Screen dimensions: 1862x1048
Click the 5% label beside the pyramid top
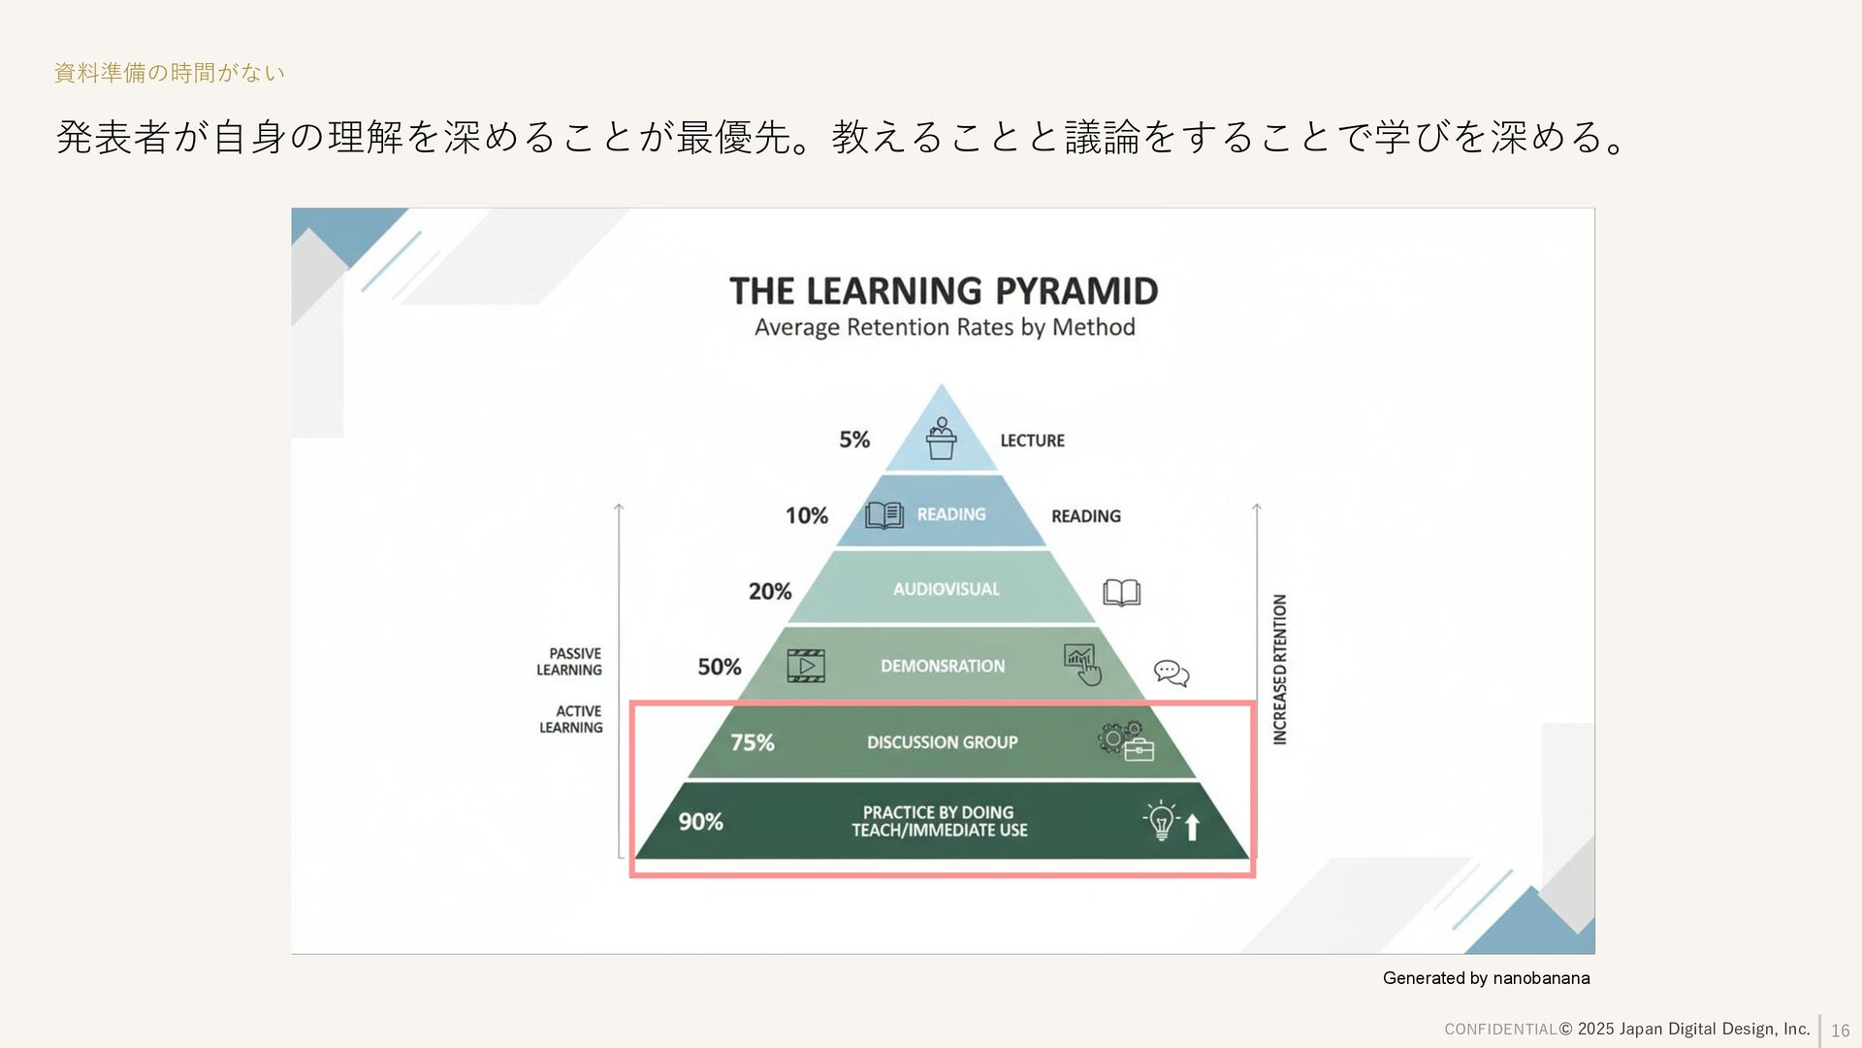pos(854,440)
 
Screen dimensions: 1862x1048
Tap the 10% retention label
pos(807,515)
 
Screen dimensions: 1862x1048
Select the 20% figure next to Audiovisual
pos(770,591)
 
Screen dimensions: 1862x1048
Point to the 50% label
pos(720,667)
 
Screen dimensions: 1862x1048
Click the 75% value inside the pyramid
pos(753,742)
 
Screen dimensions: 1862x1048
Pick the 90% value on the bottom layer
pos(700,822)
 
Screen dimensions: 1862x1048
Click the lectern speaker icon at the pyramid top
pos(941,439)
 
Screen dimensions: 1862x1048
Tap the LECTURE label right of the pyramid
pos(1032,441)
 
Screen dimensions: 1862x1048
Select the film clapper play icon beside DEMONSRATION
pos(806,666)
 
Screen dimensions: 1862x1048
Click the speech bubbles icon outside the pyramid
pos(1172,672)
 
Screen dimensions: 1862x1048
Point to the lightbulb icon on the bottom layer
pos(1161,821)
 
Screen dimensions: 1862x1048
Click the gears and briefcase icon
pos(1126,741)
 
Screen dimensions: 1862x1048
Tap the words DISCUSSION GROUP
pos(942,742)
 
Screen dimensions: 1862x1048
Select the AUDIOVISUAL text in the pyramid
pos(946,589)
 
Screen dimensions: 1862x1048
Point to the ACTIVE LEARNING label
pos(571,719)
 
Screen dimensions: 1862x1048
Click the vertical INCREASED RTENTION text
pos(1280,670)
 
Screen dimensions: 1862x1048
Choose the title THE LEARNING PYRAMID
pos(944,290)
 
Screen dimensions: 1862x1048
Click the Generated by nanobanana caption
pos(1486,978)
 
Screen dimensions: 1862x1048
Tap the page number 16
pos(1840,1031)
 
